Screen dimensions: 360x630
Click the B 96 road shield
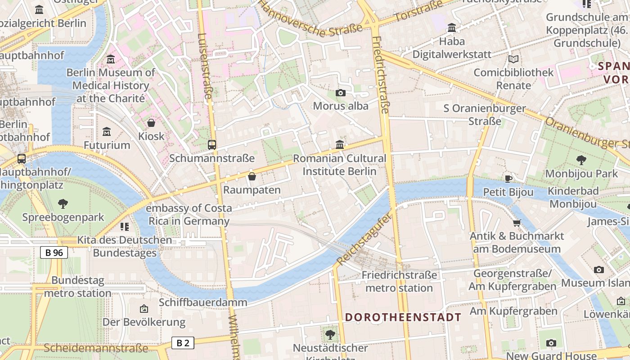click(54, 252)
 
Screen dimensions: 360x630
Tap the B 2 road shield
click(183, 343)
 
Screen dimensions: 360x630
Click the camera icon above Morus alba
click(341, 93)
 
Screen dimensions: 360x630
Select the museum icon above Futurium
click(107, 132)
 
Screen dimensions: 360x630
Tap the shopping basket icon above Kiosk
click(151, 123)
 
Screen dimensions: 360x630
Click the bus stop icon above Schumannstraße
click(212, 145)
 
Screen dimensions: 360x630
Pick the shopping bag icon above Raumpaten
click(252, 176)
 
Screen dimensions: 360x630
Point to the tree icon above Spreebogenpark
click(63, 204)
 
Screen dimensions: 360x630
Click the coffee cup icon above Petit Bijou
click(508, 179)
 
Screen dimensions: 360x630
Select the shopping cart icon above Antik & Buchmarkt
click(517, 223)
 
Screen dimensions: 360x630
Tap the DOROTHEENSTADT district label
click(403, 317)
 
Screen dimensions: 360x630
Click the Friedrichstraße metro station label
click(399, 281)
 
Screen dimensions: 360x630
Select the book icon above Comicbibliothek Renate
click(513, 59)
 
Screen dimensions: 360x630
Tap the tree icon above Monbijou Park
click(581, 160)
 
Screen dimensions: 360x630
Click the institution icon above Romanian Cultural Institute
click(340, 145)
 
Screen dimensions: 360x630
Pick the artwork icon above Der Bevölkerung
click(144, 309)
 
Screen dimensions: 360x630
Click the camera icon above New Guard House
click(551, 343)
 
